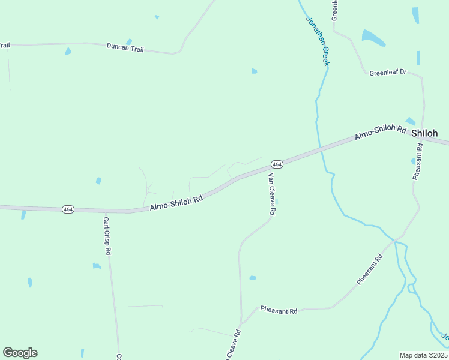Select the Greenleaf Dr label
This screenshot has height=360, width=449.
tap(388, 73)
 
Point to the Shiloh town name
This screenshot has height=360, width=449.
tap(424, 133)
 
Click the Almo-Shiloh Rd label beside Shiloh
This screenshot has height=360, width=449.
tap(381, 132)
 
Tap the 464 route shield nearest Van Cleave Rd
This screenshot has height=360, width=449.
tap(276, 164)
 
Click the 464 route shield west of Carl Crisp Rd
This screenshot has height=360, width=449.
tap(68, 209)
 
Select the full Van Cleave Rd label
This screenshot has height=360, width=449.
tap(271, 194)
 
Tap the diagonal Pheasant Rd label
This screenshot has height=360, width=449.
tap(369, 270)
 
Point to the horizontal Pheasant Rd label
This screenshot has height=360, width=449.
tap(279, 311)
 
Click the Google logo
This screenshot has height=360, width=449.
tap(20, 353)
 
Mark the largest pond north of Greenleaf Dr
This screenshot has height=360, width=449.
tap(372, 38)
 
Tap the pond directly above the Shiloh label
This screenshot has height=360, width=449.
tap(411, 121)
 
